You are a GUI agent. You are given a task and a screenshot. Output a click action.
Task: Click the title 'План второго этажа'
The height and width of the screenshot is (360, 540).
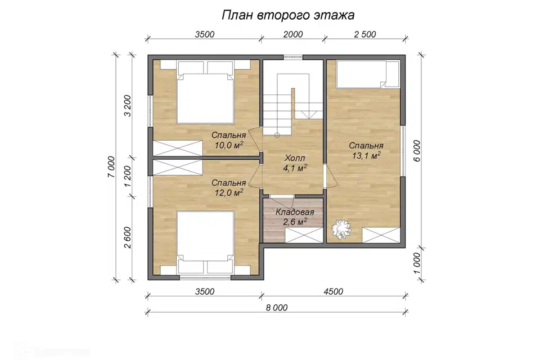tap(288, 16)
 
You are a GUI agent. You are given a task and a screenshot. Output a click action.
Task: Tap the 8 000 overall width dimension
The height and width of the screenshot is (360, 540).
tap(277, 307)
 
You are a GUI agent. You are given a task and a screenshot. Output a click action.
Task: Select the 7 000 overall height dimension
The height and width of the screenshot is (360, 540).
tap(111, 167)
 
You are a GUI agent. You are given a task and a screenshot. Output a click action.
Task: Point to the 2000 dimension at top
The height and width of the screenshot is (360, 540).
tap(293, 34)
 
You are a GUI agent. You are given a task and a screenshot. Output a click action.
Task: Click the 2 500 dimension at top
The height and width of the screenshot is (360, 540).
tap(365, 34)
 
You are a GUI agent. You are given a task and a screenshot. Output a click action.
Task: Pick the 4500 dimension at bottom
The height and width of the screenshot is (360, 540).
tap(334, 291)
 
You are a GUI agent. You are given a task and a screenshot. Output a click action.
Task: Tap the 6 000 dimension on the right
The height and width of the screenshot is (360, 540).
tap(417, 151)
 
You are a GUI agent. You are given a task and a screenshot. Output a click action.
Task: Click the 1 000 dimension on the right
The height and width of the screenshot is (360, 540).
tap(417, 264)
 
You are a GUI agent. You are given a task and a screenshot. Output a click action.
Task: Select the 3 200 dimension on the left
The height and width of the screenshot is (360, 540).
tap(128, 105)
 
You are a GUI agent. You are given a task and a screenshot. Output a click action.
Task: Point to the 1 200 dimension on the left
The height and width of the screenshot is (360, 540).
tap(128, 177)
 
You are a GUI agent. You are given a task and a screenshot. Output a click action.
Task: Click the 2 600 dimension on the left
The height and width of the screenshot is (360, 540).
tap(128, 237)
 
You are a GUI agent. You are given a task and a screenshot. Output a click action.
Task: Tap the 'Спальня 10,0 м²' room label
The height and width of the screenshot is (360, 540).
tap(229, 140)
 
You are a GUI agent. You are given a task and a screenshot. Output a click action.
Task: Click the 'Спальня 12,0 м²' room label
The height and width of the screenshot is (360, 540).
tap(229, 187)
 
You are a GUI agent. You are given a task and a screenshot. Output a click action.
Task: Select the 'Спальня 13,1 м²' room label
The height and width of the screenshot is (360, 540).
tap(366, 151)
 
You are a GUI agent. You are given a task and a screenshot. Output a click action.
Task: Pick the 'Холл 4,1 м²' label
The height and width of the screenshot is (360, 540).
tap(295, 163)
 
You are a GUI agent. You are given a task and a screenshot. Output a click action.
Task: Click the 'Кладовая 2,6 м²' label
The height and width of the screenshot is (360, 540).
tap(295, 217)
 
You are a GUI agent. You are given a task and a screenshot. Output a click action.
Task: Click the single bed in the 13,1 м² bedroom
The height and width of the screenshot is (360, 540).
tap(368, 74)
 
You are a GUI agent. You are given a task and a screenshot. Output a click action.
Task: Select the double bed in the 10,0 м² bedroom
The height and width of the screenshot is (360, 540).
tap(205, 92)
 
